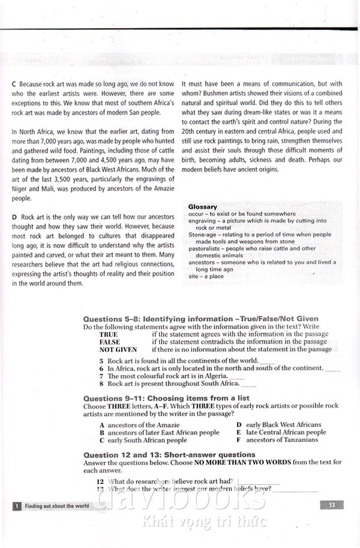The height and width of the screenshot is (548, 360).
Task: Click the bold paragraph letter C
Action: tap(14, 84)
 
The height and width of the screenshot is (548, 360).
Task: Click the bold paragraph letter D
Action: tap(14, 216)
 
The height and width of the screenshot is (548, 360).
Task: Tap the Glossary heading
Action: tap(203, 207)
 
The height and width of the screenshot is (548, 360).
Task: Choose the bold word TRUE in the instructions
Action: tap(109, 334)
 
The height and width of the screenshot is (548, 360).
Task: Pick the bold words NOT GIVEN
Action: tap(118, 349)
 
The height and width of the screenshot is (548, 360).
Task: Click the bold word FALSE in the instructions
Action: tap(110, 342)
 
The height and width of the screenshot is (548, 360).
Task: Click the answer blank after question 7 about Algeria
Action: tap(237, 377)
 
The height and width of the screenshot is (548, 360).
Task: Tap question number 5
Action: tap(101, 361)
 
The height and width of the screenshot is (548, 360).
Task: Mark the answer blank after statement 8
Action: tap(248, 385)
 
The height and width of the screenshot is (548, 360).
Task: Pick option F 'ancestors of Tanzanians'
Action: tap(281, 440)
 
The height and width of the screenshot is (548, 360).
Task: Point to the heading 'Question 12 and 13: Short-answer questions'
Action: tap(169, 455)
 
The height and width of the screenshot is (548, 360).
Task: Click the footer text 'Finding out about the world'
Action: tap(56, 506)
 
